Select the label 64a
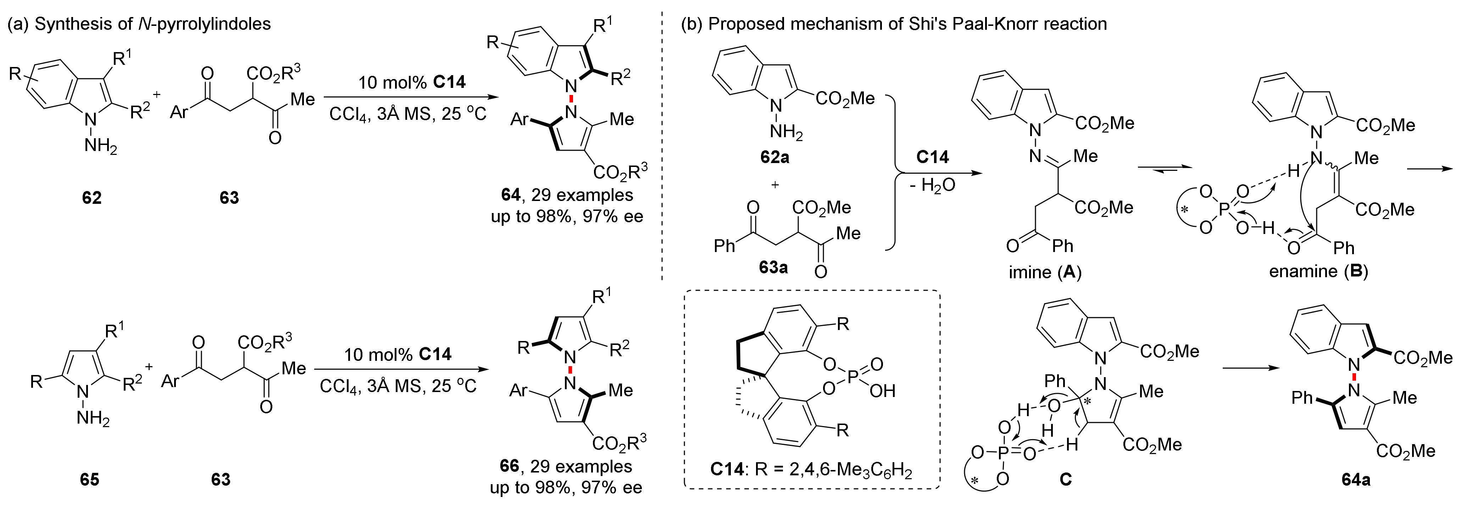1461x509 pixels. pos(1356,480)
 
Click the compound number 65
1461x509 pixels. pos(90,480)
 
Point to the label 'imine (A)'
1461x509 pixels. pos(1045,273)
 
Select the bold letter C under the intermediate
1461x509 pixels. pos(1066,480)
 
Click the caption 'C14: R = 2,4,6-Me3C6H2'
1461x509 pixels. pos(811,470)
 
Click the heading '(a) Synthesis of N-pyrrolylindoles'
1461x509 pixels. pos(139,24)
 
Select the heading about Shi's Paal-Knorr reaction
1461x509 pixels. pos(893,24)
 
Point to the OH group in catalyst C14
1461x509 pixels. pos(882,391)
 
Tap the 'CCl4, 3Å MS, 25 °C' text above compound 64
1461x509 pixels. pos(408,114)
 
